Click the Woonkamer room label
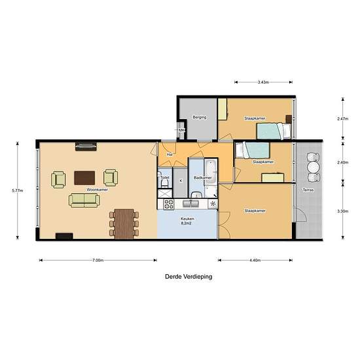pyautogui.click(x=97, y=189)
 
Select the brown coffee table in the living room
pyautogui.click(x=84, y=177)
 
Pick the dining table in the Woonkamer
pyautogui.click(x=123, y=219)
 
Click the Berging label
pyautogui.click(x=199, y=118)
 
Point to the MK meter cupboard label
pyautogui.click(x=182, y=130)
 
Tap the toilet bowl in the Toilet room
pyautogui.click(x=161, y=185)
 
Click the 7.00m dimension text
pyautogui.click(x=98, y=260)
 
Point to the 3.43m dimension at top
pyautogui.click(x=263, y=82)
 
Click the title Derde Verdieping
pyautogui.click(x=188, y=277)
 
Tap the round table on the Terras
pyautogui.click(x=313, y=166)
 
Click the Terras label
pyautogui.click(x=307, y=190)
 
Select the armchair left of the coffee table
pyautogui.click(x=59, y=178)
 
